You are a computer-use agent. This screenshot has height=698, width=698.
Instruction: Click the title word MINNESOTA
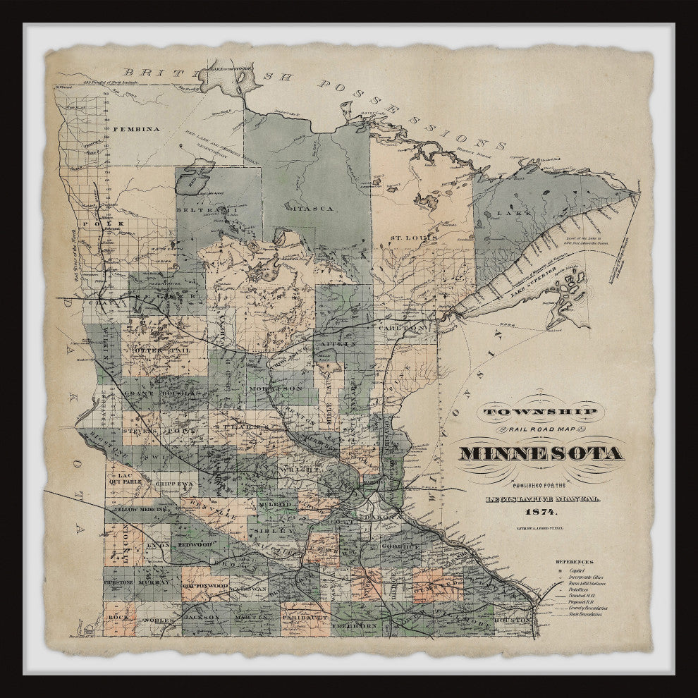[541, 453]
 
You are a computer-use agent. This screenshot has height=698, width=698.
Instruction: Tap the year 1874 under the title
[541, 511]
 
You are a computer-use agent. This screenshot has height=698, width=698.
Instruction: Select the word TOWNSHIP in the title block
[541, 412]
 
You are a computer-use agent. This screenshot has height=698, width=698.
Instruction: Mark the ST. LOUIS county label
[413, 238]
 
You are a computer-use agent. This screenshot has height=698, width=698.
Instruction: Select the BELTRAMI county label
[200, 211]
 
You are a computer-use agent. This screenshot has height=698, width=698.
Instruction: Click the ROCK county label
[117, 616]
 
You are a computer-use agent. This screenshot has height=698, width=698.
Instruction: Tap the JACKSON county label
[202, 617]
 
